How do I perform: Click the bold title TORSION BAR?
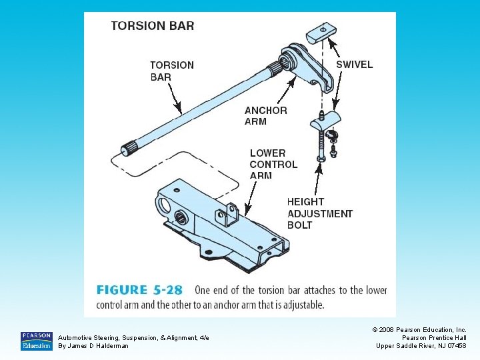point(153,26)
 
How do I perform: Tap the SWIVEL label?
point(354,65)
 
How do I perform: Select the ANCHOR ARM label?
point(265,116)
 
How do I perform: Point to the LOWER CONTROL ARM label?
point(273,164)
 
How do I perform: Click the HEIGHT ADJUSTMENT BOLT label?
point(319,213)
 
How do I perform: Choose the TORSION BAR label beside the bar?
point(171,71)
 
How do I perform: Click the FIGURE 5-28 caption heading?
point(140,290)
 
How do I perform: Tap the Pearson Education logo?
point(37,341)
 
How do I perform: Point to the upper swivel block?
point(320,34)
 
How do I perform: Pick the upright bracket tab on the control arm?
point(229,214)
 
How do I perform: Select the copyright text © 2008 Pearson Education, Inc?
point(419,330)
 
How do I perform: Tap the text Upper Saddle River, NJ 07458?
point(421,346)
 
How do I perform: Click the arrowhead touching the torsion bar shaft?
point(178,108)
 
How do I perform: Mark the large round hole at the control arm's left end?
point(163,203)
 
